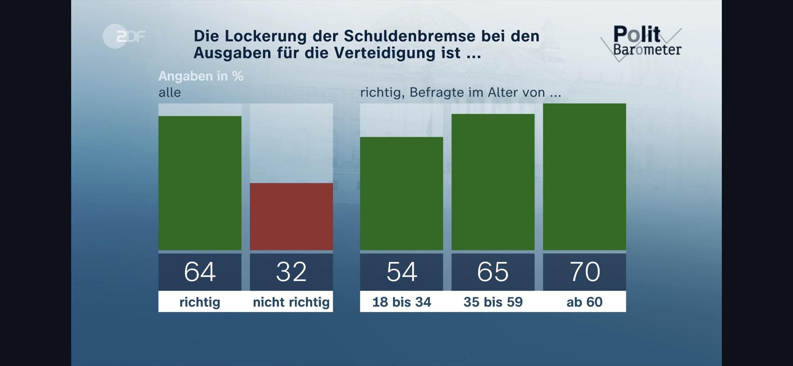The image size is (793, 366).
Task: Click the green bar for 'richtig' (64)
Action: tap(200, 183)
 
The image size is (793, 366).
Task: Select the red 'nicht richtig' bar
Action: tap(291, 217)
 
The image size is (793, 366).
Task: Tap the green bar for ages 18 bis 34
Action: tap(402, 194)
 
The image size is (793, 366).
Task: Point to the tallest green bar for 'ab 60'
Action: tap(585, 177)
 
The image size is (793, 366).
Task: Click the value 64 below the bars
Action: tap(200, 272)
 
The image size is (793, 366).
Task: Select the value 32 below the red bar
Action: tap(291, 272)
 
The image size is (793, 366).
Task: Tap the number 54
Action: tap(402, 272)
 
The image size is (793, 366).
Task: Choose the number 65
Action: tap(493, 272)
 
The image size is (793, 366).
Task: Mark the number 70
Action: tap(585, 272)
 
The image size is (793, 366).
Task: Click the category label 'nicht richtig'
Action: tap(291, 302)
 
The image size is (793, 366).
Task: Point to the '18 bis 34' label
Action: tap(402, 302)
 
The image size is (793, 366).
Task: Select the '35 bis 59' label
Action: tap(493, 302)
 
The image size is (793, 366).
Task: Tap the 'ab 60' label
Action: tap(585, 302)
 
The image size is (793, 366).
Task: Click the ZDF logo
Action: tap(124, 36)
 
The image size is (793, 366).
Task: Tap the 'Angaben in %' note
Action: tap(201, 76)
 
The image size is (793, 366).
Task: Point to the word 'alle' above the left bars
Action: tap(170, 93)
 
